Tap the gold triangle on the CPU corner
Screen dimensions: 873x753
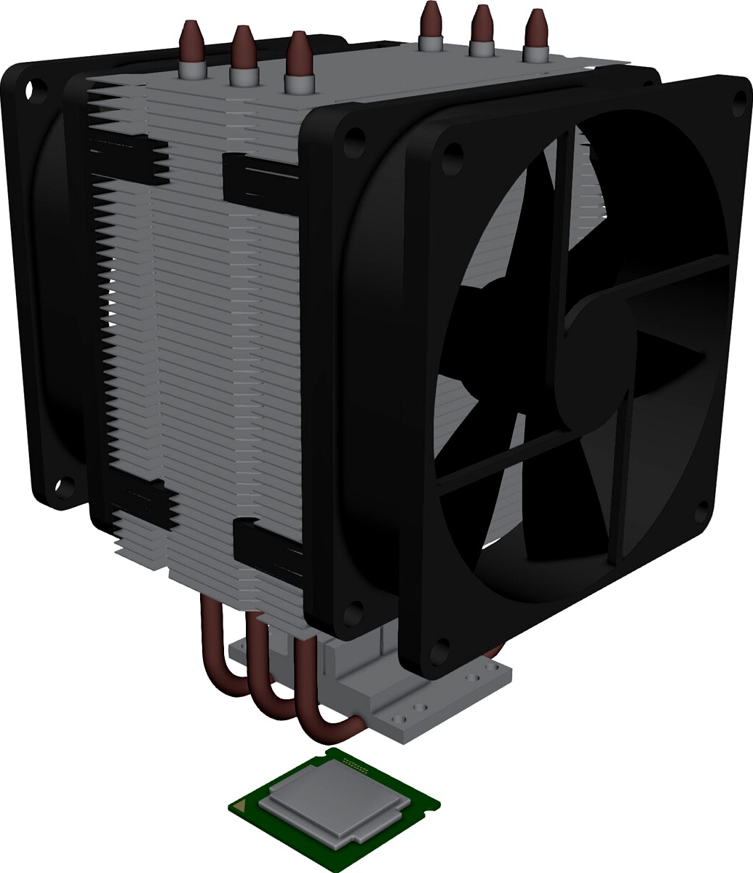point(245,805)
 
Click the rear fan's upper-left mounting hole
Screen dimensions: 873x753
point(30,90)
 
